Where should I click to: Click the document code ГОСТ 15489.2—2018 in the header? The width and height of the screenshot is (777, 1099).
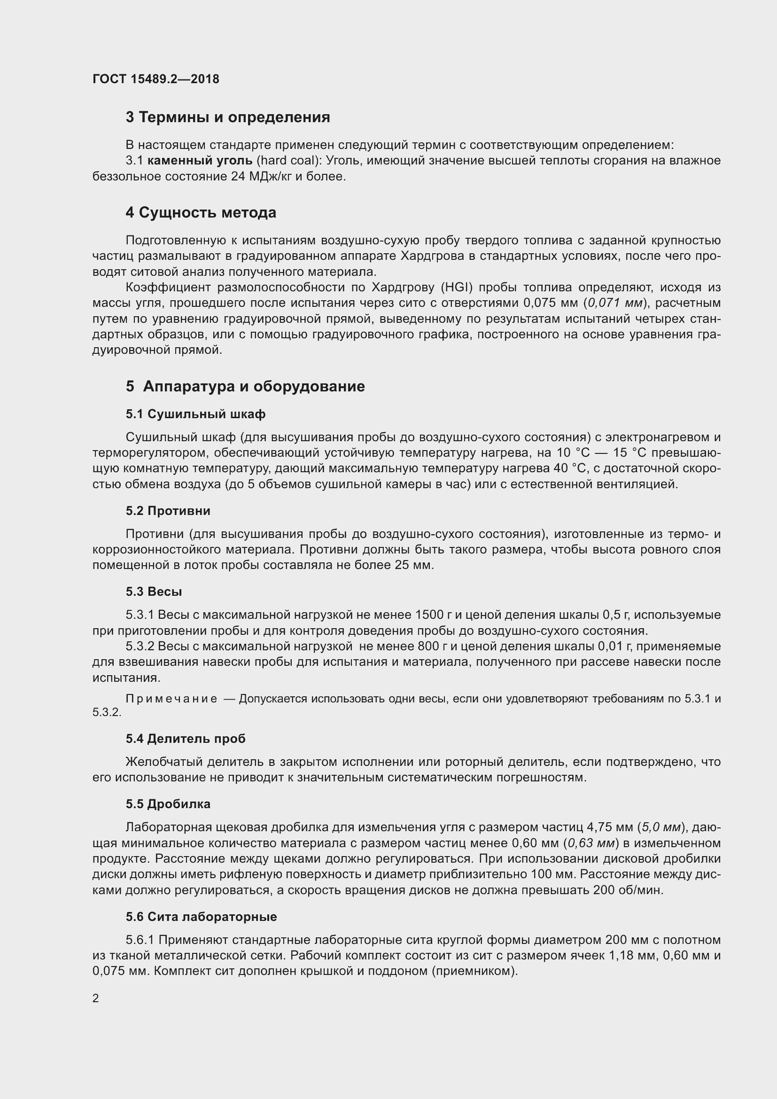pos(156,79)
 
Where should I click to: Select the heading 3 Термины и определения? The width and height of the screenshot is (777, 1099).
pos(228,117)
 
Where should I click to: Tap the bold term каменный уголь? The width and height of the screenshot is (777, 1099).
pos(200,161)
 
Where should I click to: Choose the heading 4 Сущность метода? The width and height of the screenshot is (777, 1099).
pos(201,212)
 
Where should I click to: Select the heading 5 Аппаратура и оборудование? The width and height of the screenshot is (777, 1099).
pos(245,386)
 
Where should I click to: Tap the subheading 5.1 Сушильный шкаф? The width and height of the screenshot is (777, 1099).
pos(196,414)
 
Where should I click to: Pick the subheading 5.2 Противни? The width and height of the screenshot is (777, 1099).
pos(168,511)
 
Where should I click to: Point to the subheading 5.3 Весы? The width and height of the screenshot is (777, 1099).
pos(154,592)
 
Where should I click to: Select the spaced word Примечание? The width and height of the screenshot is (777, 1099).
pos(171,699)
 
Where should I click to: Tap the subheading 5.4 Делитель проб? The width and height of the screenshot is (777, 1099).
pos(186,739)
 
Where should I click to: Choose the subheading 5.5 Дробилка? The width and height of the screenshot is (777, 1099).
pos(168,804)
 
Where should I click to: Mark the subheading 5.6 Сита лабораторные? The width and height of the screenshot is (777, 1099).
pos(202,917)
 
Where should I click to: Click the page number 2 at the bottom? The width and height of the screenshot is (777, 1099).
pos(96,998)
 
